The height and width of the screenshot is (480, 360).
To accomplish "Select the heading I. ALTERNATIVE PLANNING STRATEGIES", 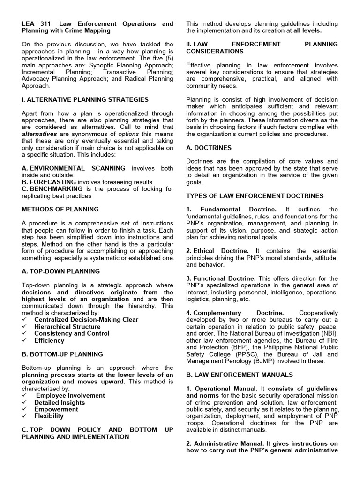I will (85, 99).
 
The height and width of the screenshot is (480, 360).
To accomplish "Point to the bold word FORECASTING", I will (52, 182).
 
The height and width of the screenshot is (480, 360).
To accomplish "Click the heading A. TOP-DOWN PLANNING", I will (60, 271).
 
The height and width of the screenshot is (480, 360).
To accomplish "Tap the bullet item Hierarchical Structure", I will (67, 326).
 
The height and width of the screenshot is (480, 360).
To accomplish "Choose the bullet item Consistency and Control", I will (72, 333).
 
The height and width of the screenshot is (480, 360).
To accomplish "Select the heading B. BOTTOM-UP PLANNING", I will (62, 354).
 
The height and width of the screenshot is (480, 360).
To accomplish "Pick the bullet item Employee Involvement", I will (70, 395).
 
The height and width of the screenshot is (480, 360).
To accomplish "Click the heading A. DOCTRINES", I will (209, 147).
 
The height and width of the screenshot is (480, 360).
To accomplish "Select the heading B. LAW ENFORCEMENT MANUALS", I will (239, 375).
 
